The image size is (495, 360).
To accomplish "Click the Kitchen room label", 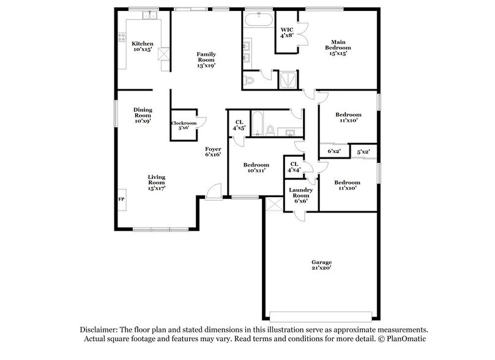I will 143,47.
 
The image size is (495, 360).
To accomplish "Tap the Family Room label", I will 206,59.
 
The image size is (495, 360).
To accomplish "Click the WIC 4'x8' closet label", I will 288,32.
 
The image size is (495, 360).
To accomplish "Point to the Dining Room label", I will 143,115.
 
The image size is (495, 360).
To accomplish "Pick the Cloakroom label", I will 184,126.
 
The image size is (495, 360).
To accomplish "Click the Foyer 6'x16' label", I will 213,151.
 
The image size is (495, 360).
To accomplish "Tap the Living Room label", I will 157,182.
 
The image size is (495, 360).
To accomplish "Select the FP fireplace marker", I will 121,200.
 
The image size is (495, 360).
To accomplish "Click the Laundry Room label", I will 301,194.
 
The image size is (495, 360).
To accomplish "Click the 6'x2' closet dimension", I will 333,151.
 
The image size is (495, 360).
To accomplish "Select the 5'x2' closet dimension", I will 363,151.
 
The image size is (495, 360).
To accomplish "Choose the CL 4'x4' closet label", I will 294,167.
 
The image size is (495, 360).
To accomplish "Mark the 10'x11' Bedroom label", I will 256,168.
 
